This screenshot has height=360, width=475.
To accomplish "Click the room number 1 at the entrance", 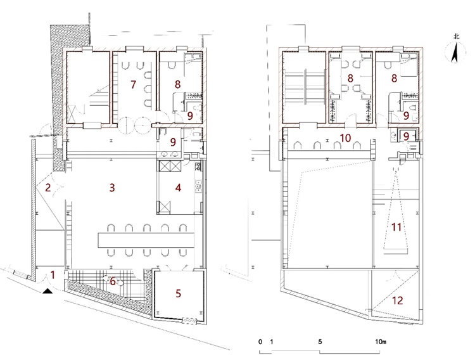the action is [x=53, y=275].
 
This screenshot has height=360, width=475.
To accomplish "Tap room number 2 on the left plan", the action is [x=48, y=188].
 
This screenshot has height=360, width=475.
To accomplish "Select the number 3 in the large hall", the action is [x=112, y=188].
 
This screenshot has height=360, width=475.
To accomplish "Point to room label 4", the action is [x=178, y=188].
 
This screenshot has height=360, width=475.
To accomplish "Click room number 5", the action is [x=178, y=293].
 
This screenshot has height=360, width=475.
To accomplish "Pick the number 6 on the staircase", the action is [x=113, y=281].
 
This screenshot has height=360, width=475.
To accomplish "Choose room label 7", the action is [x=133, y=85].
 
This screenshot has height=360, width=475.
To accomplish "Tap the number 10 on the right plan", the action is [x=345, y=138].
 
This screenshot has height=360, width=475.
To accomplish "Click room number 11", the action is [x=396, y=227].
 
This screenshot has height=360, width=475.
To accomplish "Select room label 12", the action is [x=398, y=300].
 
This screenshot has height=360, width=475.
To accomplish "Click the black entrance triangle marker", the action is [x=47, y=291].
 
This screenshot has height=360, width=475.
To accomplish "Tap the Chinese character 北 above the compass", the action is [x=456, y=36].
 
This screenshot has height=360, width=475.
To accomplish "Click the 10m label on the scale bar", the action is [x=381, y=342].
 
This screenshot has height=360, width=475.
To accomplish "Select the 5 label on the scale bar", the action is [x=320, y=342].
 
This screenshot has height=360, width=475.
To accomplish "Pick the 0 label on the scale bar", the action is [x=260, y=342].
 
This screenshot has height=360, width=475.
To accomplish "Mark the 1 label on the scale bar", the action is [x=272, y=342].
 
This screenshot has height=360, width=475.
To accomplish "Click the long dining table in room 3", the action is [x=146, y=240].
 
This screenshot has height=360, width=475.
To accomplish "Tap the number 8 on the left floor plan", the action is [x=177, y=84].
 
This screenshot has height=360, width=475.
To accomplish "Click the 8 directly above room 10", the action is [x=350, y=78].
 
